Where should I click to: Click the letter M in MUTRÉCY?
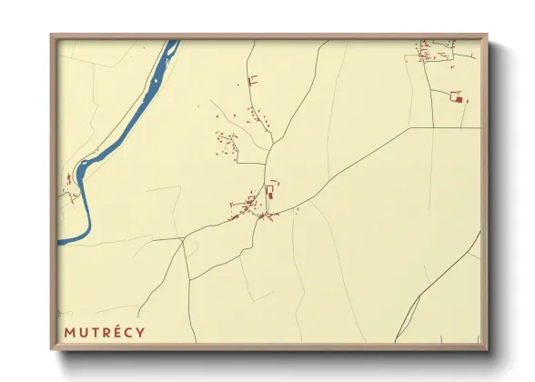click(70, 332)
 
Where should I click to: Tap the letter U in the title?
click(84, 332)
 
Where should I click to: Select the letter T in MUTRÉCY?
click(96, 332)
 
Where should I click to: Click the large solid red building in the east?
click(459, 97)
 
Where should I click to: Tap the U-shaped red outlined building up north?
click(253, 80)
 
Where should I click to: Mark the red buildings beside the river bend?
click(68, 180)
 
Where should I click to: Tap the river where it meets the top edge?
click(171, 42)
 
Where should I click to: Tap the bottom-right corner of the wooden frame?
click(487, 350)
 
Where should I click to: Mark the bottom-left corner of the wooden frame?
click(52, 350)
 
